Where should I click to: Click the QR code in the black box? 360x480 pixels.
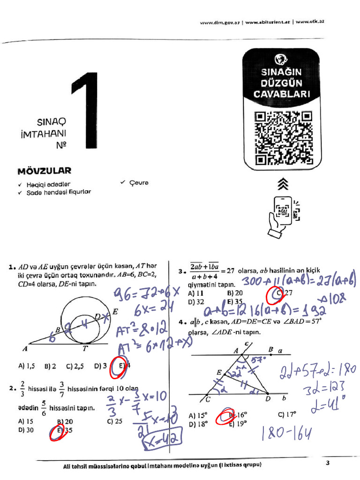[x=283, y=139]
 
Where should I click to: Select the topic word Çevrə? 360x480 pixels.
[x=136, y=183]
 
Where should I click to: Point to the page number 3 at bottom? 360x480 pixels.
[x=328, y=464]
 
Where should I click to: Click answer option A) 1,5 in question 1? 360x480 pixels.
[x=28, y=366]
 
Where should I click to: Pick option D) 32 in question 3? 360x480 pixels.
[x=196, y=302]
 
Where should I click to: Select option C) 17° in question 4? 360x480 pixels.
[x=287, y=414]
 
